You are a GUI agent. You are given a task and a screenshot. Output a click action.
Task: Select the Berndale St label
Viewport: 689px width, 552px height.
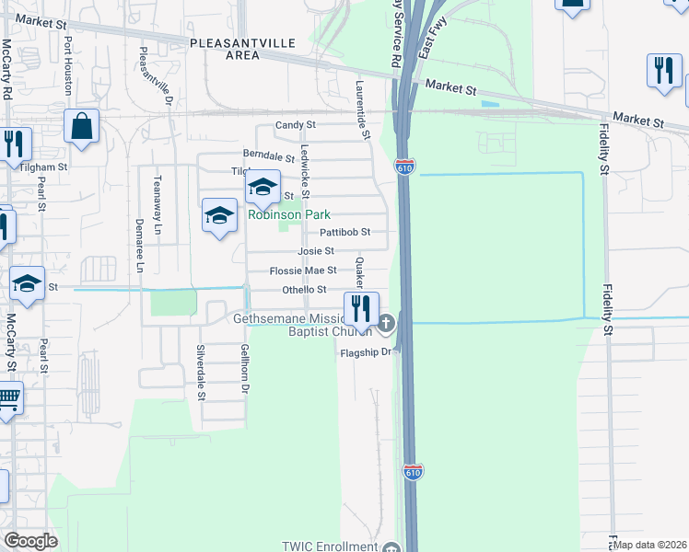point(268,155)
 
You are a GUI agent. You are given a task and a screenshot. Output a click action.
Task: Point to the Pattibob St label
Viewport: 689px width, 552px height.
point(344,232)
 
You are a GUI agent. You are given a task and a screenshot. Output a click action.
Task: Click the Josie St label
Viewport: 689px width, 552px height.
point(315,250)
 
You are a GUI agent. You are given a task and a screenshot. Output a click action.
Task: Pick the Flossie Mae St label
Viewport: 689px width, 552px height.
point(302,270)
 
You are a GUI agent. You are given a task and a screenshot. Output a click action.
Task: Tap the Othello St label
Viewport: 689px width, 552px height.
point(304,290)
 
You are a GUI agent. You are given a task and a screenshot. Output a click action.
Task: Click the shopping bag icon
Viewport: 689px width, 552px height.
point(81,124)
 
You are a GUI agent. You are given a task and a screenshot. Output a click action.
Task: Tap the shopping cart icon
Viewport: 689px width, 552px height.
point(7,397)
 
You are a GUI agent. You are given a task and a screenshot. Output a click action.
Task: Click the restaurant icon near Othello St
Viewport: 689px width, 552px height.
point(361,306)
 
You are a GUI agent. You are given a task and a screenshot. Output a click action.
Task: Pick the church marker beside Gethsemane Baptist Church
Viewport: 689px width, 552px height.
point(387,322)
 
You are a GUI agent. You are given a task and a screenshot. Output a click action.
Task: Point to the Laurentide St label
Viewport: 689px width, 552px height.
point(363,109)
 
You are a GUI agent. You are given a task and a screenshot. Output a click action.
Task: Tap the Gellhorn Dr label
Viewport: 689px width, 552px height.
point(245,369)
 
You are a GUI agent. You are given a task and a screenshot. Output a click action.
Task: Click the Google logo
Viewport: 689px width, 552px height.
point(30,541)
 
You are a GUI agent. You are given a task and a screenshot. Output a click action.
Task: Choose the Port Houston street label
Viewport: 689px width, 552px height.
point(68,60)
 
